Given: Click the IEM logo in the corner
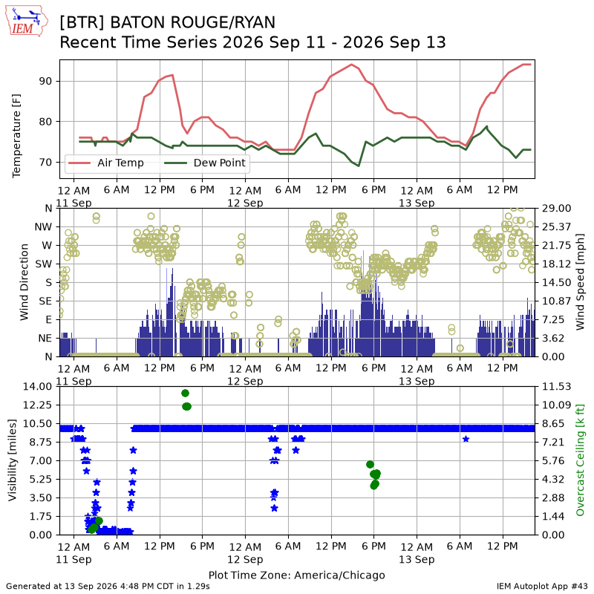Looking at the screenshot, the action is [x=26, y=21].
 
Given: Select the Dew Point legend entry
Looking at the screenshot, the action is [x=205, y=163].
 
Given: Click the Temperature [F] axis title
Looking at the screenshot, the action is [x=16, y=136].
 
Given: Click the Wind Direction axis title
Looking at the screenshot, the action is [x=25, y=282].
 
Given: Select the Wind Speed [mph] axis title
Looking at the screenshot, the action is [x=580, y=282].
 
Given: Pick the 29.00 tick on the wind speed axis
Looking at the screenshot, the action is [x=556, y=209].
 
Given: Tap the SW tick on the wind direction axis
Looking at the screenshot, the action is [x=44, y=264].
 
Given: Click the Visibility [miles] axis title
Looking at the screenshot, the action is [x=13, y=460].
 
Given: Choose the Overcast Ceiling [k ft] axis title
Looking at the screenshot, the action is [x=580, y=460].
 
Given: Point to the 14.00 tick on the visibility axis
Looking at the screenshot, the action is [x=38, y=386].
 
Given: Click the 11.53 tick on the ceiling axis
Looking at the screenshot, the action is [x=556, y=386].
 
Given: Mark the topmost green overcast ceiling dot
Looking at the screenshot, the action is [x=185, y=394].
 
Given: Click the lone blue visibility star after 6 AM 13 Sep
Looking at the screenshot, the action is [x=466, y=439].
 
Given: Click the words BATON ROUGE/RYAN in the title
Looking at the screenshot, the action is [x=193, y=22].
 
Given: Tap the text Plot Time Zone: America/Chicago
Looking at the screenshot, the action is [x=296, y=575].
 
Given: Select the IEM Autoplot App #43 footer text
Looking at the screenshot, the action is [x=542, y=586].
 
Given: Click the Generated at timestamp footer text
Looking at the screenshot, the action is [x=108, y=586].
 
